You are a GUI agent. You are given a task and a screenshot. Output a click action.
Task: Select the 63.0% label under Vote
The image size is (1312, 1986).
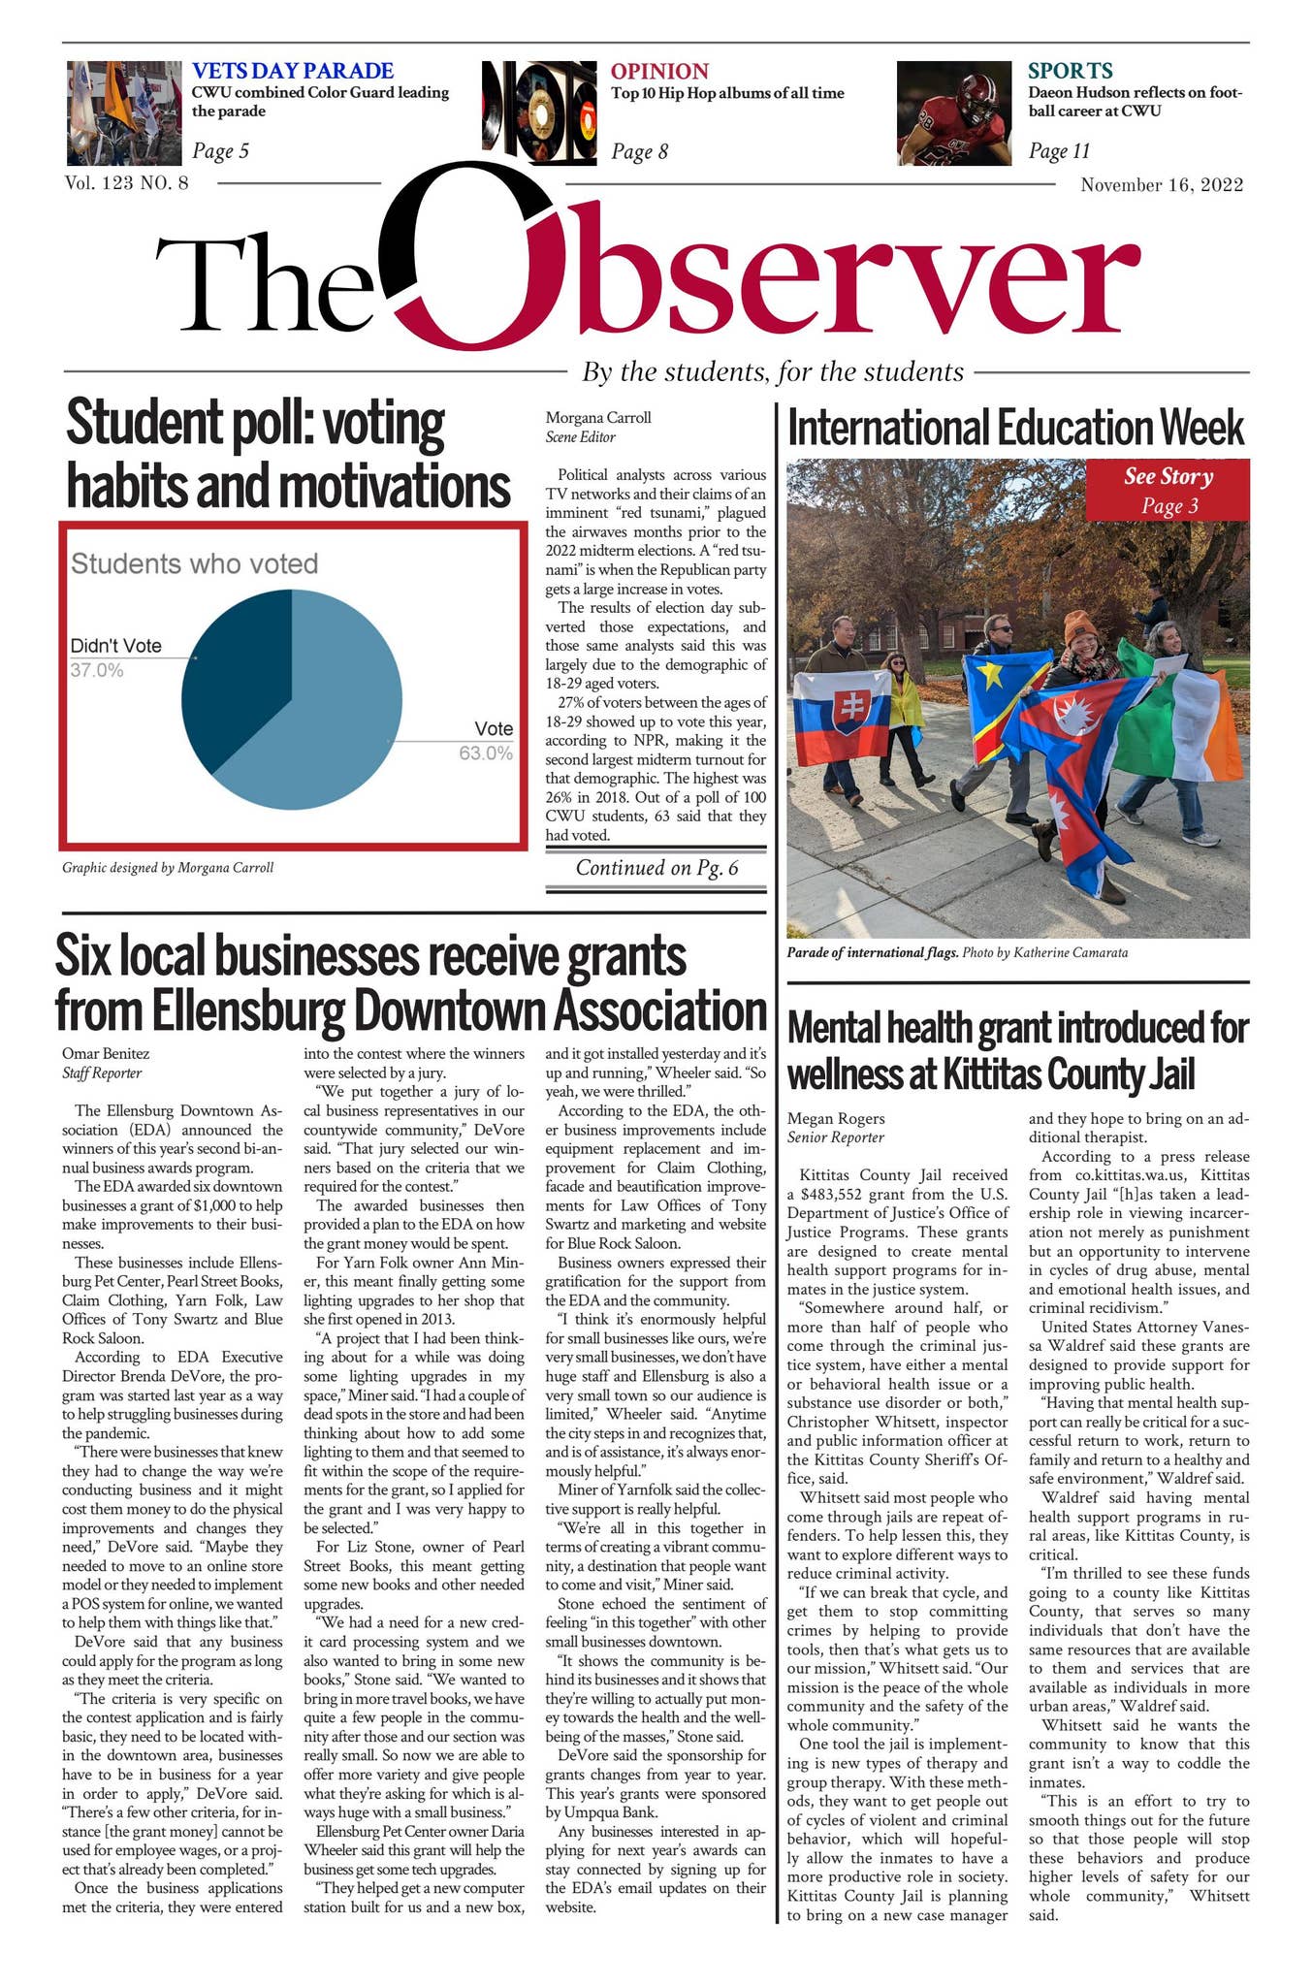click(x=485, y=753)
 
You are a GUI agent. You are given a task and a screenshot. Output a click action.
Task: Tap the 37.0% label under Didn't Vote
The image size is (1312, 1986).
click(x=96, y=669)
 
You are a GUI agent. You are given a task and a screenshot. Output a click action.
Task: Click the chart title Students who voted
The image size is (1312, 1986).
click(x=194, y=563)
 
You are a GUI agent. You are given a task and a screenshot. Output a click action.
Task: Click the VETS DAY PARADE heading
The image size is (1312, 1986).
click(x=292, y=71)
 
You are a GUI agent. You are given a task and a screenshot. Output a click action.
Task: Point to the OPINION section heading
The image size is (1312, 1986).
click(x=658, y=71)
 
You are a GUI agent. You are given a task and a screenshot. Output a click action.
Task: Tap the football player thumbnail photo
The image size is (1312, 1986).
click(x=953, y=113)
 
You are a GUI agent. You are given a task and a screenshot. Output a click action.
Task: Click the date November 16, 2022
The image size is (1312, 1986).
click(x=1161, y=185)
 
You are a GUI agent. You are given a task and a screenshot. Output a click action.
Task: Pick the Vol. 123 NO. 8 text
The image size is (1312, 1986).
click(x=126, y=182)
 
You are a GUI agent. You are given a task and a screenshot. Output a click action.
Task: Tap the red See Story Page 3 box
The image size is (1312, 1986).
click(x=1168, y=490)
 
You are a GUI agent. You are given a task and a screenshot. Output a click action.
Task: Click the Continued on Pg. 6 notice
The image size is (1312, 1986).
click(x=656, y=868)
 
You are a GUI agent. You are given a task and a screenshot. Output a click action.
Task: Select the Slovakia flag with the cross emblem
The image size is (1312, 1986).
click(x=840, y=716)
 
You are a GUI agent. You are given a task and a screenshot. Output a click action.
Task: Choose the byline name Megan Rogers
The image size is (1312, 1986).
click(x=835, y=1118)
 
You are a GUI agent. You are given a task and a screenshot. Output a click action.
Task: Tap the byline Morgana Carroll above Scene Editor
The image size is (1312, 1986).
click(x=597, y=418)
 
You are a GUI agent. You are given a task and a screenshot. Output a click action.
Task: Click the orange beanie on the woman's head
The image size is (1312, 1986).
click(x=1081, y=625)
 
